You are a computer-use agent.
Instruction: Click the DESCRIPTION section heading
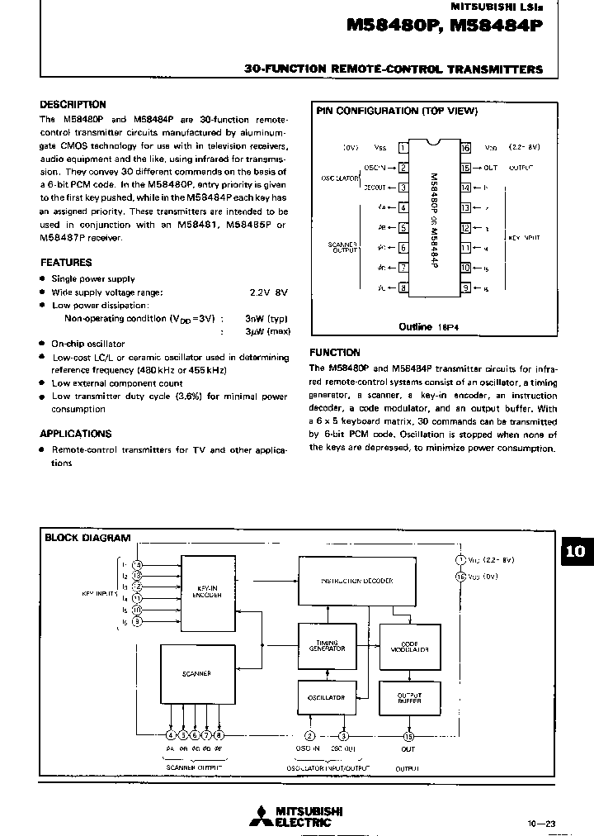click(x=73, y=105)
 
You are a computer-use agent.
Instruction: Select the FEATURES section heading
click(x=65, y=263)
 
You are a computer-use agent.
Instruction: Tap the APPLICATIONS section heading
click(x=75, y=434)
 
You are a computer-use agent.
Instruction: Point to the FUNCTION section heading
click(x=334, y=352)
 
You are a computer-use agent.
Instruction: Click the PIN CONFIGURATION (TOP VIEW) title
click(x=397, y=111)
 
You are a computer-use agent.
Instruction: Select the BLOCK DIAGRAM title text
click(x=87, y=538)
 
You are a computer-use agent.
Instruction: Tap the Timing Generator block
click(x=321, y=644)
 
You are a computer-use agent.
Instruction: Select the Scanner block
click(x=196, y=673)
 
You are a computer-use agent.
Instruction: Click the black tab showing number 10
click(x=576, y=552)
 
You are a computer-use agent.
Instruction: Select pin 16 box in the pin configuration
click(x=465, y=148)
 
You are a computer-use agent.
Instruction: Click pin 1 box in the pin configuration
click(x=403, y=148)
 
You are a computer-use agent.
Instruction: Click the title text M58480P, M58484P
click(x=445, y=26)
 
